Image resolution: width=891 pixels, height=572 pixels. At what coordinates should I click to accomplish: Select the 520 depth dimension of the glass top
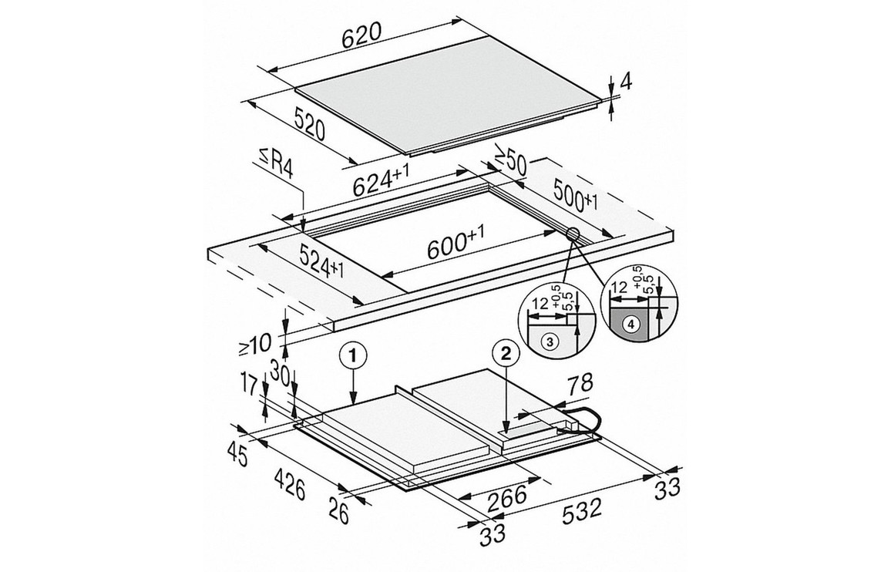(310, 123)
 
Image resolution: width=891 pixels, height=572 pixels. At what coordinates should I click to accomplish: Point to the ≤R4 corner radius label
(276, 163)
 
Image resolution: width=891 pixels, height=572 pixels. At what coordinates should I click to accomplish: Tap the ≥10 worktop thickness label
(257, 344)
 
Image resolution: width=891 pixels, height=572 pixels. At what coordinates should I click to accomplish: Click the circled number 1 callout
(353, 356)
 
